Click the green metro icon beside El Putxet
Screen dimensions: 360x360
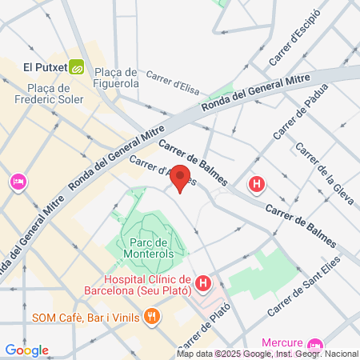(77, 68)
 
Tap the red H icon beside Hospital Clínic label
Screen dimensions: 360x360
(203, 282)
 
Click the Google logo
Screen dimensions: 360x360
(26, 350)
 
